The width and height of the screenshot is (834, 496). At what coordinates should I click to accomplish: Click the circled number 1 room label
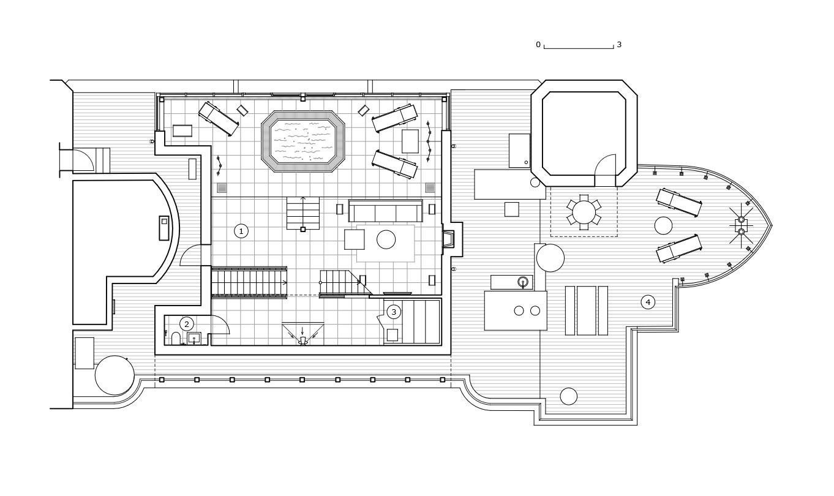point(241,231)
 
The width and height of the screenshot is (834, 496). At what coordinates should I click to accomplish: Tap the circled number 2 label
point(187,324)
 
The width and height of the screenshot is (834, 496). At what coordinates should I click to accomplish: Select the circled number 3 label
point(394,312)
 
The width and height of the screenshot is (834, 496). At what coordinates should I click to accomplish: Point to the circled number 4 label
point(648,302)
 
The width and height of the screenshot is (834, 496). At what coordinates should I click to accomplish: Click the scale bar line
point(579,48)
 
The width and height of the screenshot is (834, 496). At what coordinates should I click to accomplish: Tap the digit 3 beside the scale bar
point(619,45)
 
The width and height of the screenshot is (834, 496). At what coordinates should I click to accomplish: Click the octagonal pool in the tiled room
point(303,141)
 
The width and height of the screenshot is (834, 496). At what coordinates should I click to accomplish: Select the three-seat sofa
point(386,211)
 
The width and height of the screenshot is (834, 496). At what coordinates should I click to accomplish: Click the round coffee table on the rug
point(386,239)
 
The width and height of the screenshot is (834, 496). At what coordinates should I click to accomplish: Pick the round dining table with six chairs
point(584,212)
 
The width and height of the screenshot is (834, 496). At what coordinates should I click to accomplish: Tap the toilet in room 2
point(176,339)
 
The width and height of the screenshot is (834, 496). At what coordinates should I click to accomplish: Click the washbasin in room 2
point(194,338)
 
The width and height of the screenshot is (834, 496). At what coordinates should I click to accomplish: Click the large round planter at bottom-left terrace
point(115,375)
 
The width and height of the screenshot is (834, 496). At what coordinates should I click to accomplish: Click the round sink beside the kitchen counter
point(523,282)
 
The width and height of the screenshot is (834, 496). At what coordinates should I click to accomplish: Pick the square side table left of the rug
point(354,239)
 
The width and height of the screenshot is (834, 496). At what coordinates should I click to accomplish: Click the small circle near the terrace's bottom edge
point(568,396)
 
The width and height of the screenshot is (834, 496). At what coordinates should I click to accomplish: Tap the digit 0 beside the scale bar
point(538,45)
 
